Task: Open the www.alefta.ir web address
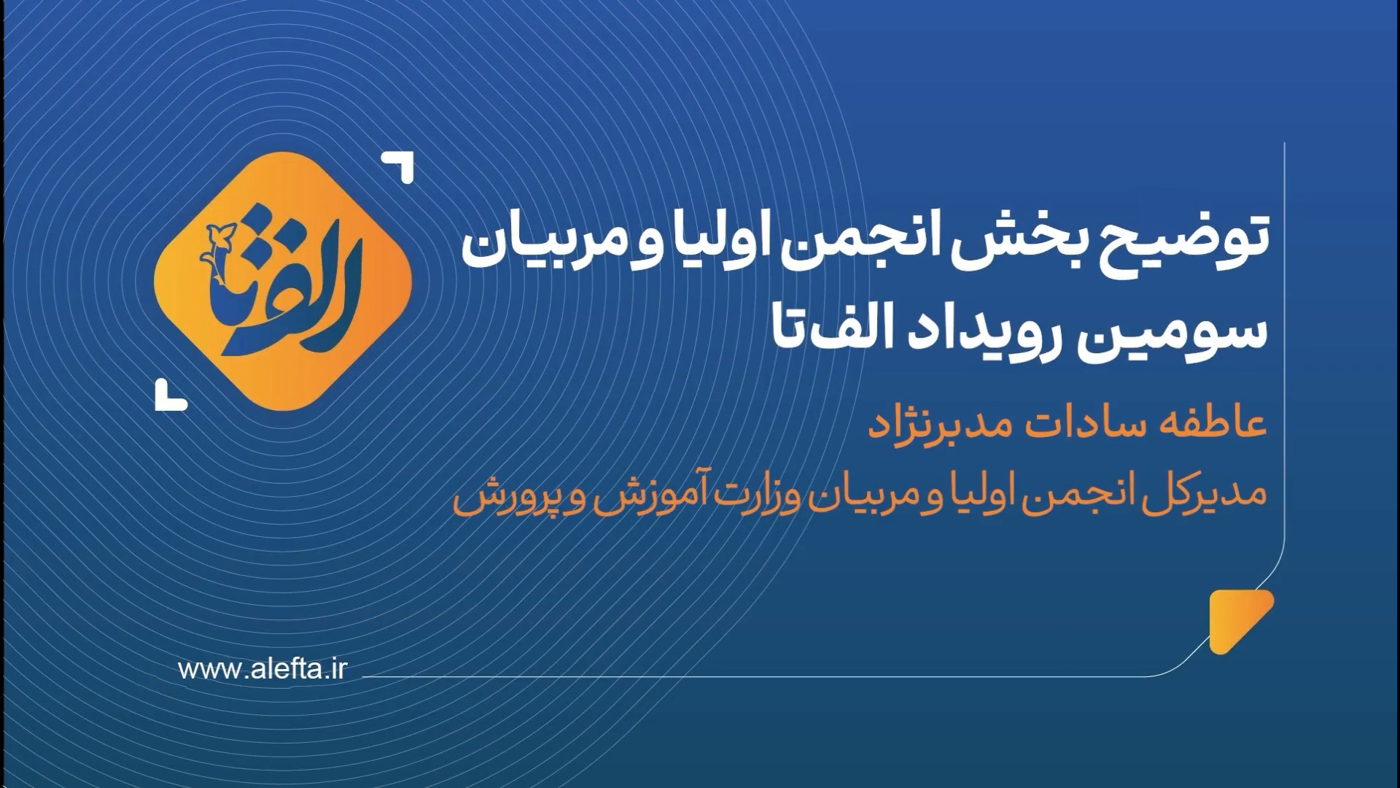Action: pos(262,669)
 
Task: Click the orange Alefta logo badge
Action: pos(284,282)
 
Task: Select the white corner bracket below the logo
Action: pos(171,395)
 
